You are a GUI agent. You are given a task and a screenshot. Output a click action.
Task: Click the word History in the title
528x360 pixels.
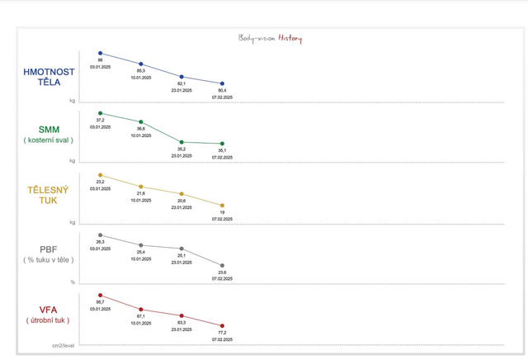pos(290,39)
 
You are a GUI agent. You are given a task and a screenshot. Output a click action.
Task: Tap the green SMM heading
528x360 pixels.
pos(49,130)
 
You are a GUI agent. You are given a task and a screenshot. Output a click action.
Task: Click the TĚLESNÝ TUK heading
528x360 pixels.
pos(49,195)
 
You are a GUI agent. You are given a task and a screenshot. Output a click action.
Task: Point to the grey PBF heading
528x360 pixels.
pos(49,249)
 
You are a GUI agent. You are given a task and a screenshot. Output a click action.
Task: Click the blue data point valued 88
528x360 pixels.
pos(101,53)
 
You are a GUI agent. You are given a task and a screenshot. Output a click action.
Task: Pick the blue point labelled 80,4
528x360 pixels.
pos(222,83)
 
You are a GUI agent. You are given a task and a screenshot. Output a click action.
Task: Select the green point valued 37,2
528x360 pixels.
pos(101,113)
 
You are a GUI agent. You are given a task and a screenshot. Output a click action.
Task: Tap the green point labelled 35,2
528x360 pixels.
pos(181,142)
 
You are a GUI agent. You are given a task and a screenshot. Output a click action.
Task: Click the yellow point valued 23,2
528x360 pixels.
pos(101,175)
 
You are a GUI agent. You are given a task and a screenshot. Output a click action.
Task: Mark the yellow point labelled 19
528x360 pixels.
pos(222,206)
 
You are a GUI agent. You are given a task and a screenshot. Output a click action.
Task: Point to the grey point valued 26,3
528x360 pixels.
pos(101,235)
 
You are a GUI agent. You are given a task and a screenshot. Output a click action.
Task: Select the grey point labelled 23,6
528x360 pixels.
pos(222,266)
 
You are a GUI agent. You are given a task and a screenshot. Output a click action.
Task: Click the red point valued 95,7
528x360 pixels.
pos(101,295)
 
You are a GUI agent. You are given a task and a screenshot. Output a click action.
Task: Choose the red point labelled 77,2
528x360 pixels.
pos(222,326)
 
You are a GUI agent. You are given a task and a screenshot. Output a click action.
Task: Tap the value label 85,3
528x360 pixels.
pos(141,71)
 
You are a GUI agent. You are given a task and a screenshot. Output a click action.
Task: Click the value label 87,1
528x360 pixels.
pos(141,316)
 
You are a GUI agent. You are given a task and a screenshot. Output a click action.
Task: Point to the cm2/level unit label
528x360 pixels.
pos(64,345)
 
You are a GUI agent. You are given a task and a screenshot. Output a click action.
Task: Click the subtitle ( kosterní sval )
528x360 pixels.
pos(49,140)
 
